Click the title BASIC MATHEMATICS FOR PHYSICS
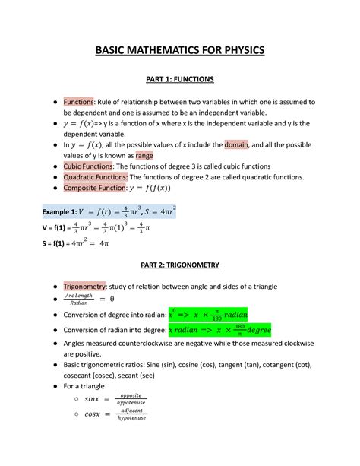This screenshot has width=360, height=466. [179, 51]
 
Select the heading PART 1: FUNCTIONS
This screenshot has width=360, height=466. [180, 79]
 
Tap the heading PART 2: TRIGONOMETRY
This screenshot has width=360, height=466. [180, 265]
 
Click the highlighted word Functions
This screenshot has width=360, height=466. [77, 101]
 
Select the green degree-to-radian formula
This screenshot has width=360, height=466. [207, 315]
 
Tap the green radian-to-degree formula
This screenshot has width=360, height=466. [219, 331]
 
